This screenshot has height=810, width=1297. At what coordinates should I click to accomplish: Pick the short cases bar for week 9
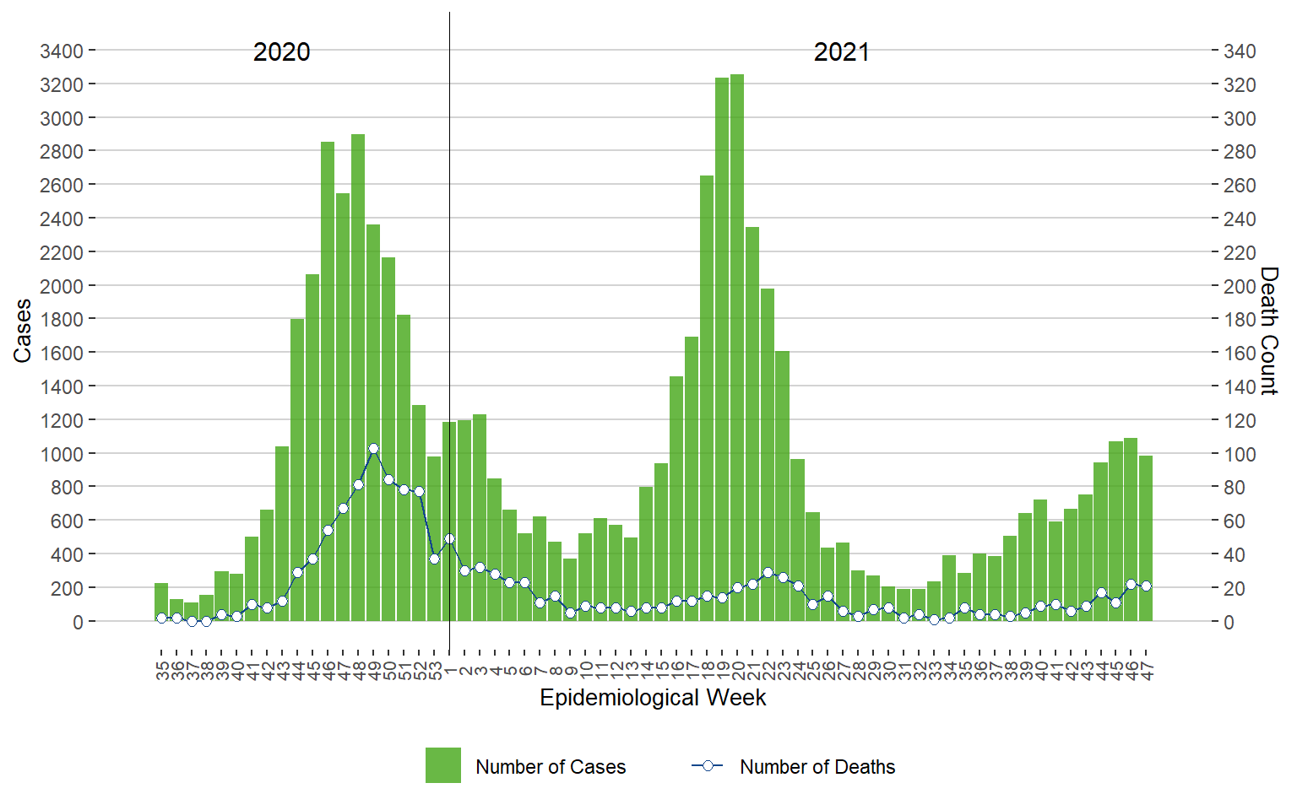570,590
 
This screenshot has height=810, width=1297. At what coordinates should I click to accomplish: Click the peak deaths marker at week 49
373,449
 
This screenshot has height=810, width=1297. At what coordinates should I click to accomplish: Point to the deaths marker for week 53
434,559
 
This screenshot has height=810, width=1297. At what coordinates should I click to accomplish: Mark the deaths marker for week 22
768,573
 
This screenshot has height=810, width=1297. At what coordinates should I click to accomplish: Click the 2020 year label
282,52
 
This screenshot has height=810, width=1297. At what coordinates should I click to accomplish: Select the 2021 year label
841,52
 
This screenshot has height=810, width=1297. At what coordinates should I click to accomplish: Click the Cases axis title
22,331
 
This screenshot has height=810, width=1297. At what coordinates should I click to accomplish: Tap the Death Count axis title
1268,331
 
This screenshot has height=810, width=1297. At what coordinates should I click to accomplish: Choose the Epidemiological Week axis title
653,698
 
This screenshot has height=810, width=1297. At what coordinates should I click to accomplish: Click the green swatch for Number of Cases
443,765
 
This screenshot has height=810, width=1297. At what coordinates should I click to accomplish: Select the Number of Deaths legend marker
708,766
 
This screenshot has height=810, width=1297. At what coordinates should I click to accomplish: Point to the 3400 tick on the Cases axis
62,51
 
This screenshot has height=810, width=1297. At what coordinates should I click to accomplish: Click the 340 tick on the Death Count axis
1240,51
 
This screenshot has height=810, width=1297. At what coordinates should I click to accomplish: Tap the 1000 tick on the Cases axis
62,454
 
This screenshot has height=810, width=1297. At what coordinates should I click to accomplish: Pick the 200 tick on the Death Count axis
1240,286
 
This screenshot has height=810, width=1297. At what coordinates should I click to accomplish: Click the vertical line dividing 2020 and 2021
449,253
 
